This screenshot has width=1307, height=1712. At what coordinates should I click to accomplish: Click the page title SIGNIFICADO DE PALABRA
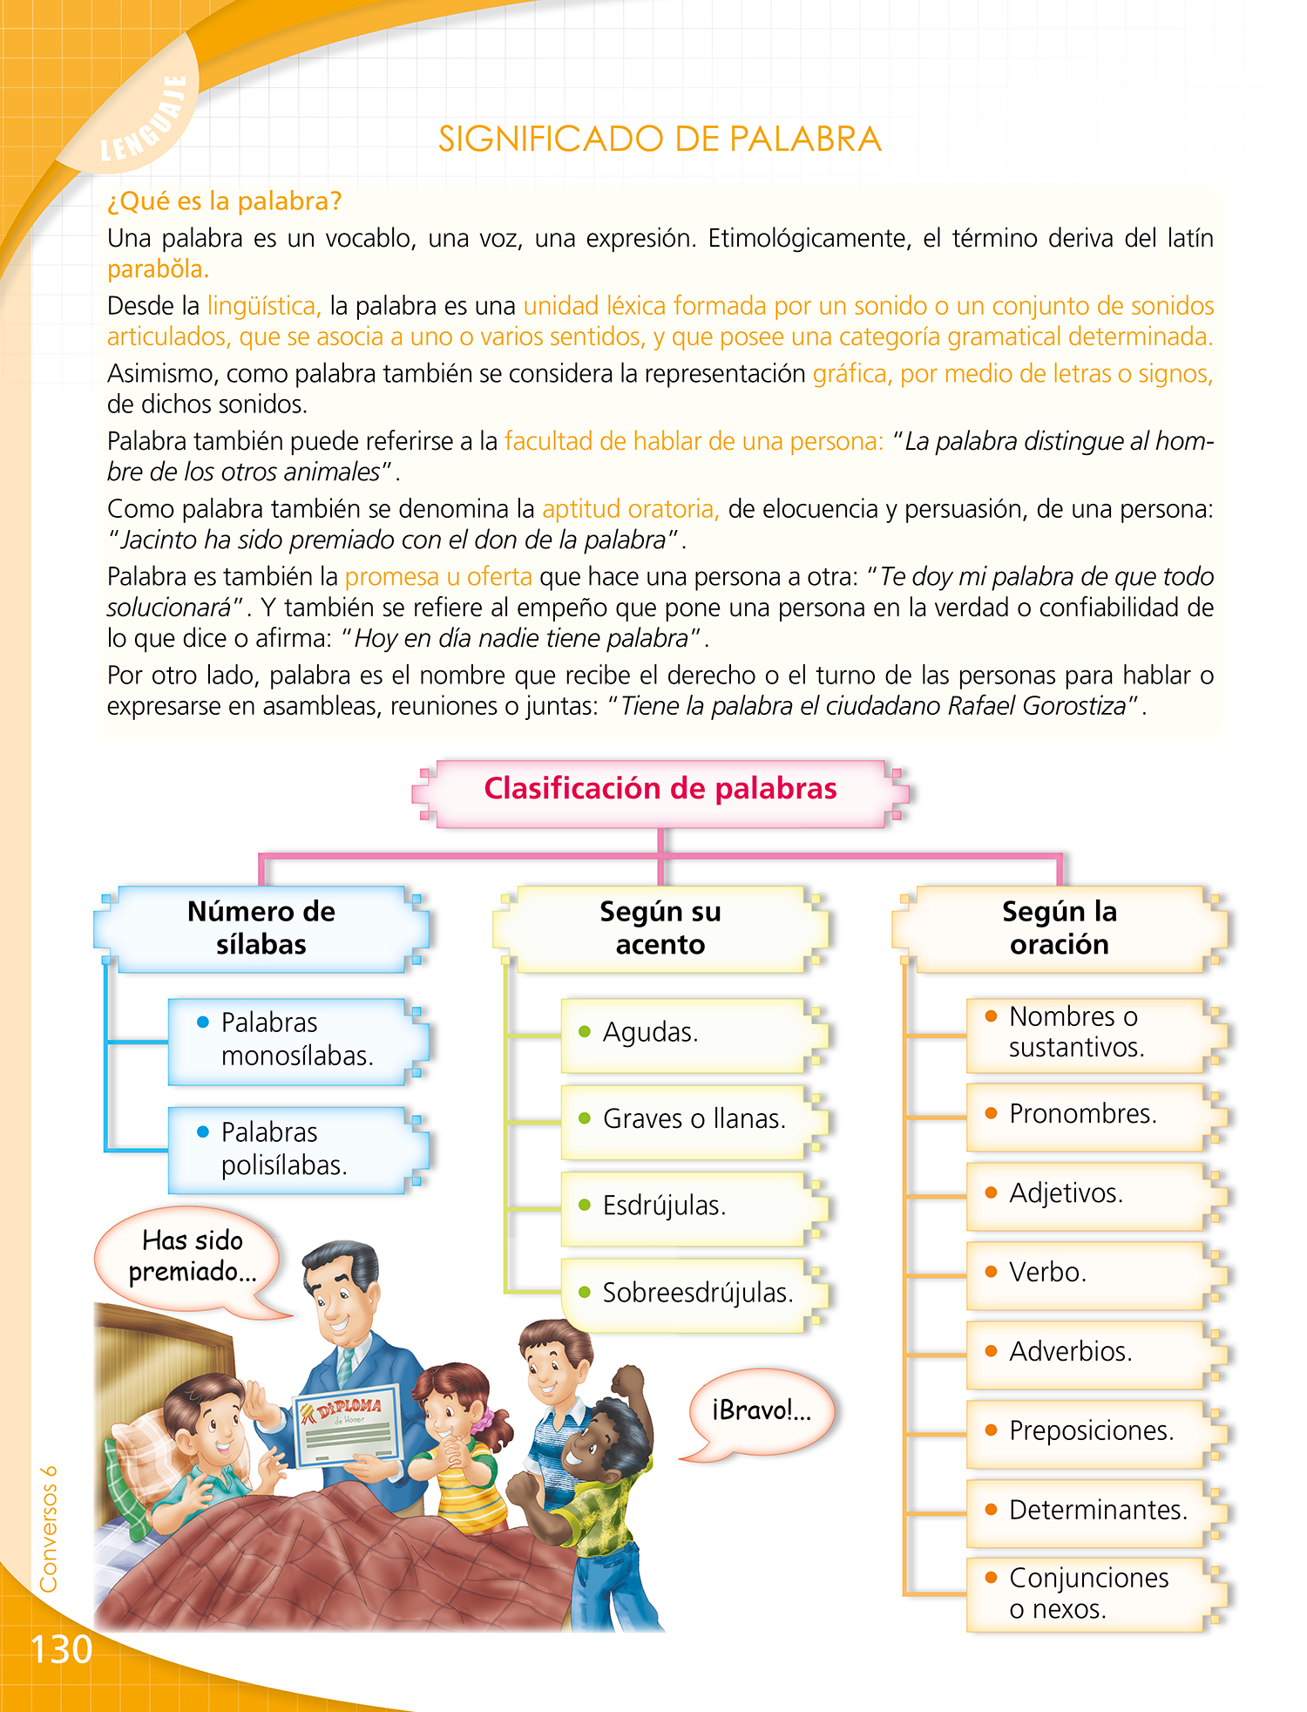pos(660,139)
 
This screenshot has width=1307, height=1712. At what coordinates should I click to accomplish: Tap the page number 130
pos(61,1649)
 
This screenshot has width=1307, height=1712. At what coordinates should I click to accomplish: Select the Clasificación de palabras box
pos(660,790)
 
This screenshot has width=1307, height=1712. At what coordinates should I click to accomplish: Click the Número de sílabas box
pos(261,928)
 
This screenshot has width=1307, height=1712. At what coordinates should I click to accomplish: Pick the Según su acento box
pos(660,928)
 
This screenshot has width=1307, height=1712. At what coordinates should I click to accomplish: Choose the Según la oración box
pos(1059,928)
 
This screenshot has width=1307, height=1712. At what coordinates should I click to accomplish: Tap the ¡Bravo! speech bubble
pos(761,1410)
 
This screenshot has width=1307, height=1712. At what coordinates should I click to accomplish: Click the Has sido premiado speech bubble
pos(192,1257)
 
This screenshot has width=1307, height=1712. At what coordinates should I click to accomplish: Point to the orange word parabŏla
pos(158,269)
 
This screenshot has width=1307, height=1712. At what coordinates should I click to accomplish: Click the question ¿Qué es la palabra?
pos(224,201)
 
